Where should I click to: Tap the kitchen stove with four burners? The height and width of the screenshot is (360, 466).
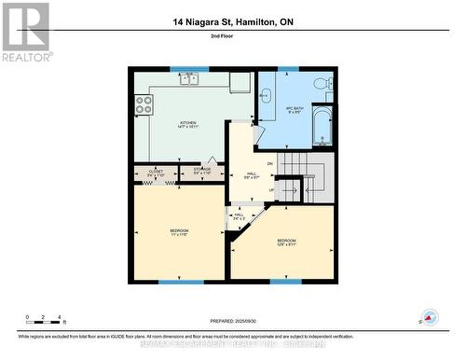pyautogui.click(x=144, y=107)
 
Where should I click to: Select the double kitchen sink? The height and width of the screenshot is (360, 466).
pyautogui.click(x=190, y=78)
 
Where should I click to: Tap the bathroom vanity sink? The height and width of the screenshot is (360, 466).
pyautogui.click(x=265, y=94)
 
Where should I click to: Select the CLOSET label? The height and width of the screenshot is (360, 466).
pyautogui.click(x=156, y=171)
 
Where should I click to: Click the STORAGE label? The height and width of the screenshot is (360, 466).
pyautogui.click(x=202, y=171)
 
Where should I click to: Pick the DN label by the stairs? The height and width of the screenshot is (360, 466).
pyautogui.click(x=270, y=163)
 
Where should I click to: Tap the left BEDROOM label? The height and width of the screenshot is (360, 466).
pyautogui.click(x=179, y=232)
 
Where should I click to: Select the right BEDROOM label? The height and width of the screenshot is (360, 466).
pyautogui.click(x=287, y=242)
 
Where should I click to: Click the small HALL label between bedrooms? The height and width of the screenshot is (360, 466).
pyautogui.click(x=238, y=216)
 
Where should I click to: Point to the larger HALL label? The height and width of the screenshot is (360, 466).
pyautogui.click(x=251, y=174)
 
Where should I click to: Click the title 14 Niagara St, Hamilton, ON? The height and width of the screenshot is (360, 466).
pyautogui.click(x=232, y=21)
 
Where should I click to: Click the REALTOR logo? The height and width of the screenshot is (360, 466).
pyautogui.click(x=25, y=32)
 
